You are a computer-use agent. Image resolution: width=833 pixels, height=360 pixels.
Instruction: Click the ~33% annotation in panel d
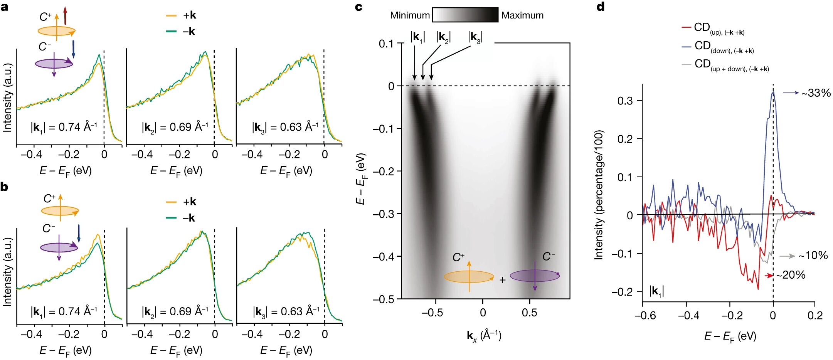click(x=816, y=93)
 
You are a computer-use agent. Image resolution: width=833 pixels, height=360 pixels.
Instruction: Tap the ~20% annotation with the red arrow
click(x=791, y=275)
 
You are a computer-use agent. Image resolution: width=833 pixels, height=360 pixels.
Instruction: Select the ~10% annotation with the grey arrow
click(x=813, y=256)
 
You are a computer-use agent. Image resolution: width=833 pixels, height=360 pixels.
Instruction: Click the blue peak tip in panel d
click(x=773, y=92)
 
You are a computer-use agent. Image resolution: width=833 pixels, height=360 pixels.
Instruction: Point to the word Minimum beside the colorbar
click(x=409, y=15)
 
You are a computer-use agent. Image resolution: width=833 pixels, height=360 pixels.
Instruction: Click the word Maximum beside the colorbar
click(x=522, y=15)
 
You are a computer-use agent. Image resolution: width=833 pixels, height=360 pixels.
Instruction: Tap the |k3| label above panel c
click(x=475, y=37)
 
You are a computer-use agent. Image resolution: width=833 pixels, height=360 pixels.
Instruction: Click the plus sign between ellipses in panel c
click(x=502, y=280)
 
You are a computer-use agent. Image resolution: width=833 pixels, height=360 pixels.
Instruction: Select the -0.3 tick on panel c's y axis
click(x=384, y=214)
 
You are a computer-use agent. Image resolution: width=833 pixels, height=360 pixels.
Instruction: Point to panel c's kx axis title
click(x=484, y=335)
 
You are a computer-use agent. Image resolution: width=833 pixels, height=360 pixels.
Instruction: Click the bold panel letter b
click(x=5, y=187)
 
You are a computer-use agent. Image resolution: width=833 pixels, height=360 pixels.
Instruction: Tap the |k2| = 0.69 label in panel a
click(x=175, y=127)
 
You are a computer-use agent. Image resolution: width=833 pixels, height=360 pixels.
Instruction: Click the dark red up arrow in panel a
click(x=65, y=15)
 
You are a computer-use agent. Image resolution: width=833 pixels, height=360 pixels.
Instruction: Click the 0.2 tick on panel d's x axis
click(x=814, y=316)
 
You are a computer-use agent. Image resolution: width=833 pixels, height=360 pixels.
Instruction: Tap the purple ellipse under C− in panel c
click(x=534, y=276)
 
